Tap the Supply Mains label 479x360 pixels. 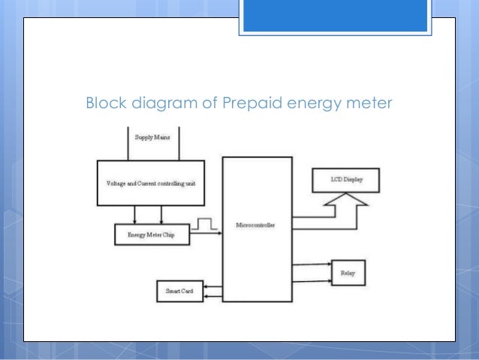[152, 138]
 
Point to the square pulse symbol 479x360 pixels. [204, 225]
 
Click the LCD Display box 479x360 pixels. [345, 180]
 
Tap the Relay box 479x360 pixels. [348, 273]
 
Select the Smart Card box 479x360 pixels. [179, 291]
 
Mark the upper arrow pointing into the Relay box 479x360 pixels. [312, 264]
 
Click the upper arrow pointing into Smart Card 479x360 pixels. [212, 286]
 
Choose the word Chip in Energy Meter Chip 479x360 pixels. [174, 235]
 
